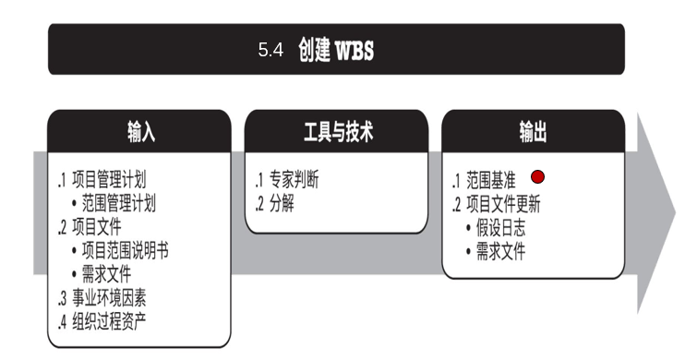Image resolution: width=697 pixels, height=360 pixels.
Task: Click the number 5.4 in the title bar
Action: pyautogui.click(x=270, y=50)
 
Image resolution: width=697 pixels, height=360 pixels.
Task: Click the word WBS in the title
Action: pyautogui.click(x=354, y=50)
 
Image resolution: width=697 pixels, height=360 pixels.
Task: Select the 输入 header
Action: pyautogui.click(x=141, y=132)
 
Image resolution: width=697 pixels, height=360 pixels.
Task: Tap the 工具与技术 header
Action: pyautogui.click(x=338, y=132)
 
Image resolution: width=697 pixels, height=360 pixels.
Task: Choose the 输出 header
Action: pyautogui.click(x=533, y=132)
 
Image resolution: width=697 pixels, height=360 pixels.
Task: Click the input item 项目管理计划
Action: pyautogui.click(x=108, y=180)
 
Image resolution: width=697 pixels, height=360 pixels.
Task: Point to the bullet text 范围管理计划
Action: pyautogui.click(x=119, y=204)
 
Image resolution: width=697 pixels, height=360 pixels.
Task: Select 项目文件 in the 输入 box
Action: pyautogui.click(x=96, y=227)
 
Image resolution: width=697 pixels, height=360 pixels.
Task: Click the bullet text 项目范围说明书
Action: pyautogui.click(x=125, y=251)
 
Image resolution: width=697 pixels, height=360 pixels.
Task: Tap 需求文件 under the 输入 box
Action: pyautogui.click(x=106, y=274)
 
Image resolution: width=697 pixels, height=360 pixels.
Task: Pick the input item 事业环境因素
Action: pyautogui.click(x=109, y=298)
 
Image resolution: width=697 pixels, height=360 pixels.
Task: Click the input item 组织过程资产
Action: pyautogui.click(x=109, y=321)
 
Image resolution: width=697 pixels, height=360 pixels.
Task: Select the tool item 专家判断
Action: pyautogui.click(x=294, y=180)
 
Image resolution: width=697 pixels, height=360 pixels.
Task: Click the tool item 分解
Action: pyautogui.click(x=282, y=204)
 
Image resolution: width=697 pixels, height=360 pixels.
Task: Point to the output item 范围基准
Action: pyautogui.click(x=491, y=180)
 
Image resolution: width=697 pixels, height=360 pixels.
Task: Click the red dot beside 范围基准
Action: pyautogui.click(x=538, y=177)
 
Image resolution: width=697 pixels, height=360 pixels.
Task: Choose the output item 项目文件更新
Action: pyautogui.click(x=503, y=204)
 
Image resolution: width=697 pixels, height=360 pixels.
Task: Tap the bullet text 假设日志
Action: pyautogui.click(x=500, y=228)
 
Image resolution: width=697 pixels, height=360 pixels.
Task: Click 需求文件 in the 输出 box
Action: pyautogui.click(x=500, y=251)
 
